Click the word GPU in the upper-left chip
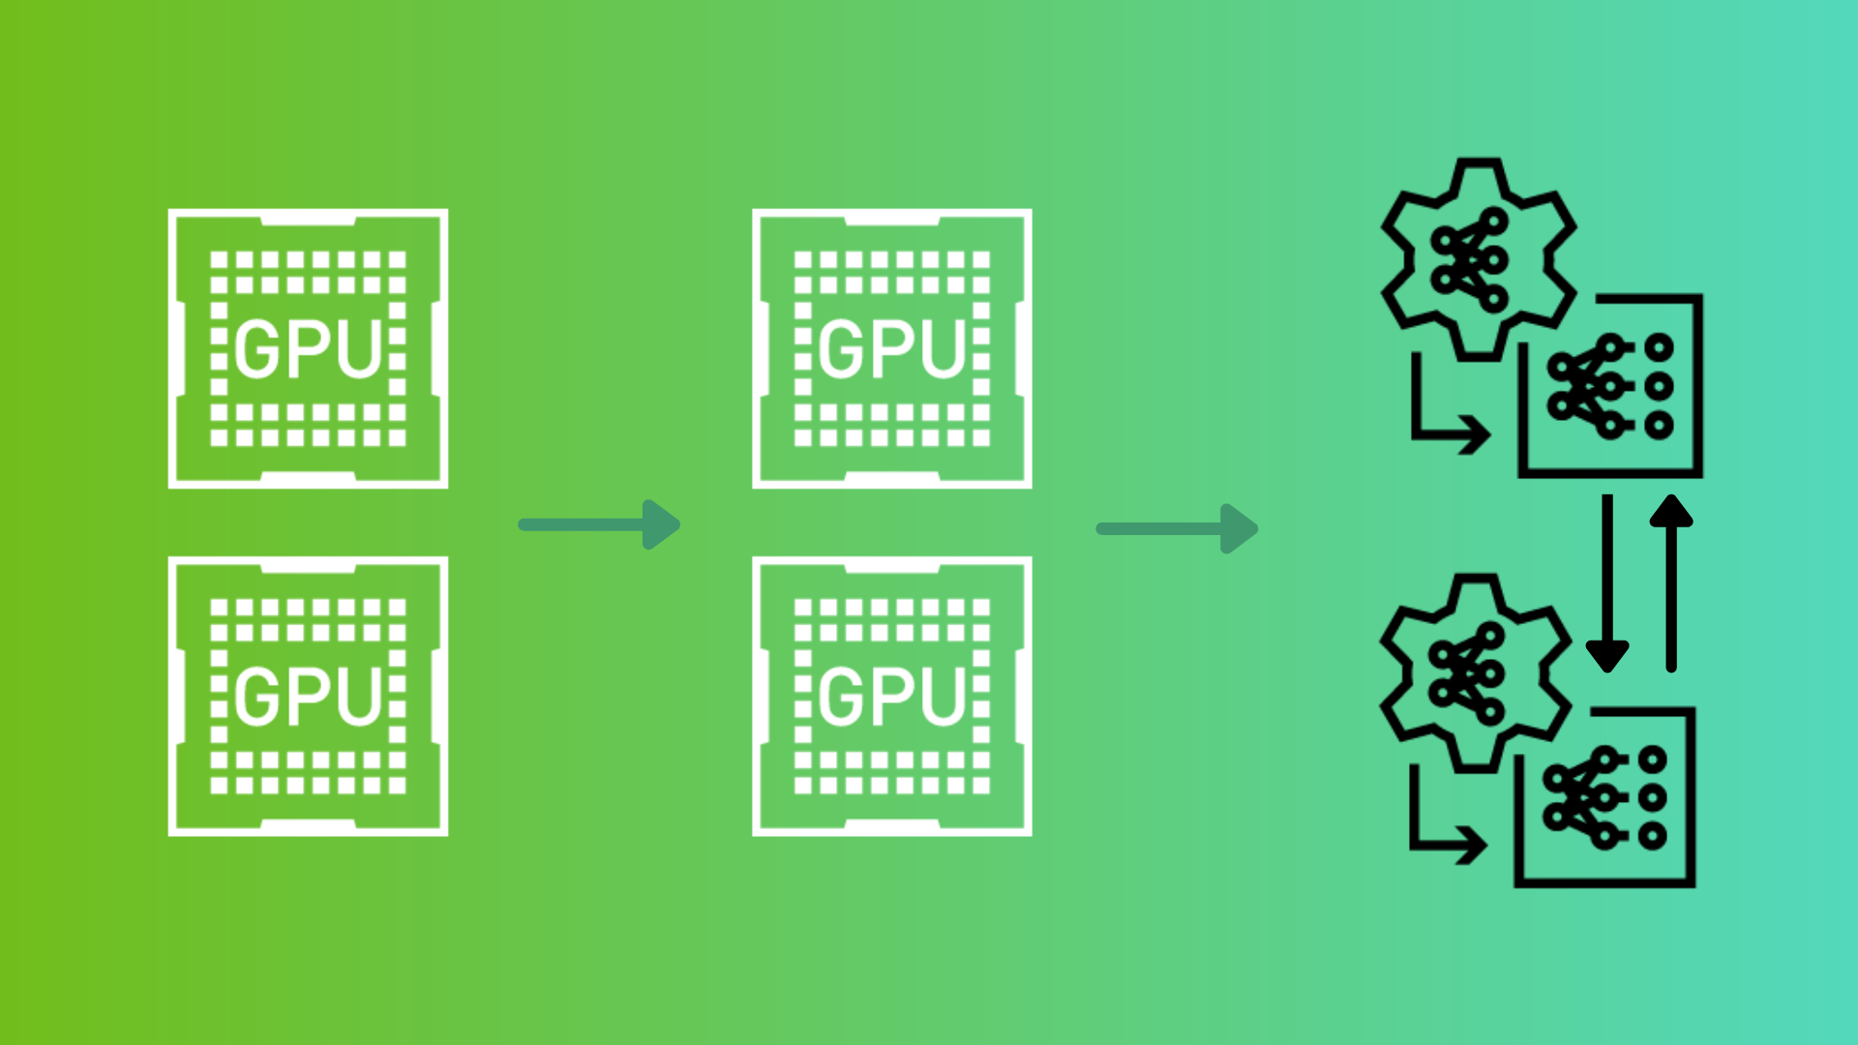pyautogui.click(x=308, y=349)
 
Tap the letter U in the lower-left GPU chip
pyautogui.click(x=364, y=697)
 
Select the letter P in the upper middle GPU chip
pyautogui.click(x=892, y=349)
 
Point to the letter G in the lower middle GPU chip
pyautogui.click(x=840, y=697)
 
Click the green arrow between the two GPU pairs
pyautogui.click(x=599, y=524)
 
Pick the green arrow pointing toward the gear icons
pyautogui.click(x=1177, y=528)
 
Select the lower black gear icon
pyautogui.click(x=1474, y=673)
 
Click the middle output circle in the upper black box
pyautogui.click(x=1659, y=386)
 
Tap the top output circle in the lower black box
pyautogui.click(x=1653, y=761)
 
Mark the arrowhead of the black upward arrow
pyautogui.click(x=1671, y=510)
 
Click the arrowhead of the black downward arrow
pyautogui.click(x=1607, y=657)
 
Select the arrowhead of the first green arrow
pyautogui.click(x=662, y=524)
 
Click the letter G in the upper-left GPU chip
pyautogui.click(x=256, y=349)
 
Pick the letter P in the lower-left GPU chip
pyautogui.click(x=310, y=697)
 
